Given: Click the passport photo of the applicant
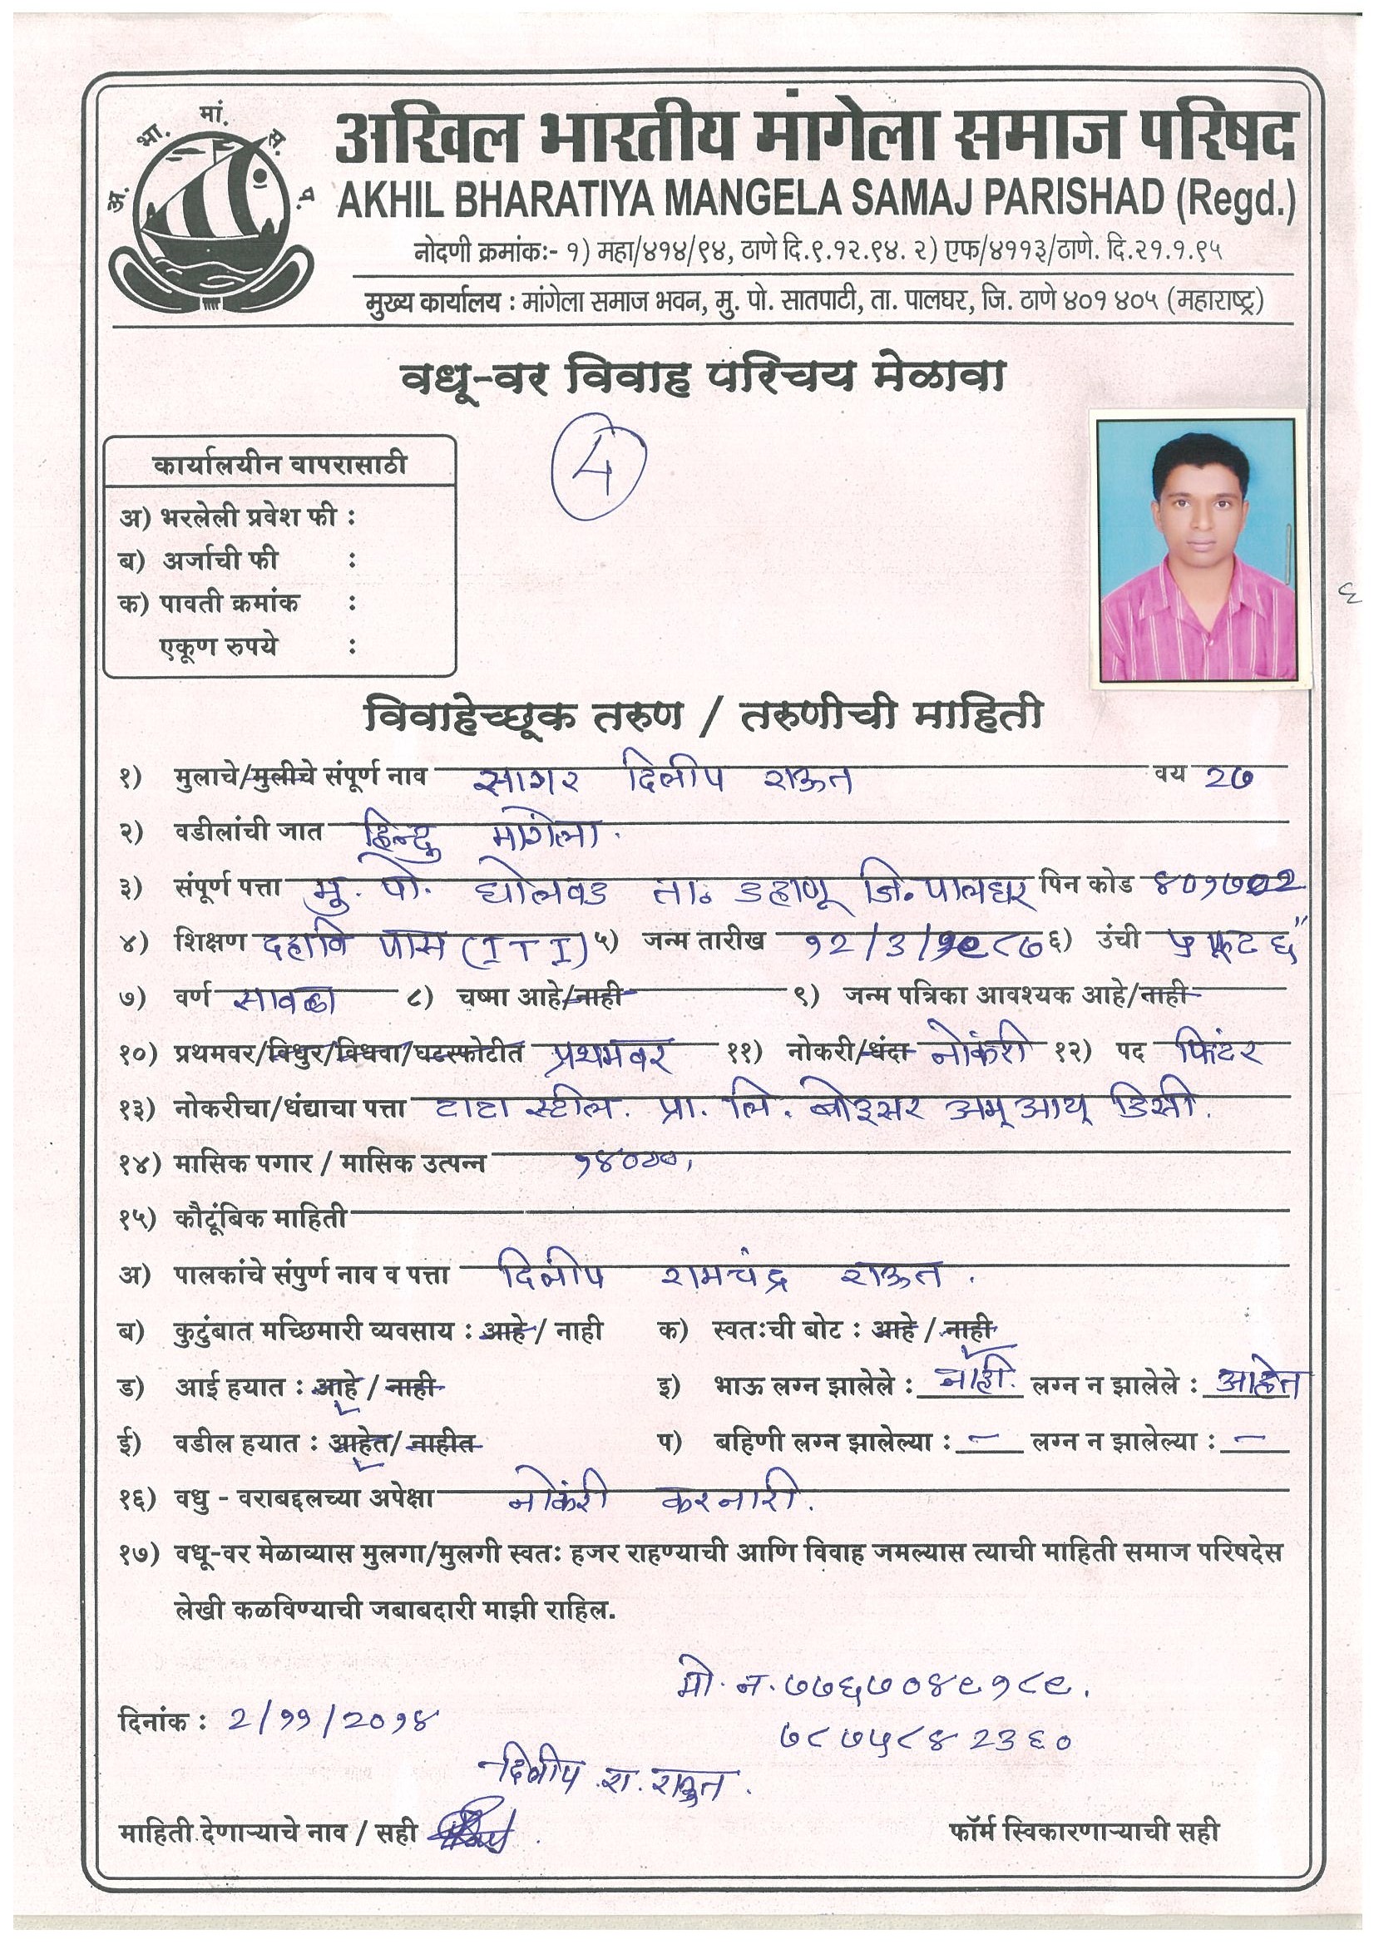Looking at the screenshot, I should pos(1196,550).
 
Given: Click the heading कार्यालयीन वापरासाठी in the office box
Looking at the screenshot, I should pos(279,464).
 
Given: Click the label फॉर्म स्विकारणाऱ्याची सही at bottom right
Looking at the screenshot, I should pos(1085,1832).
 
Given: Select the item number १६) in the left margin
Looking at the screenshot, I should pos(137,1497).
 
